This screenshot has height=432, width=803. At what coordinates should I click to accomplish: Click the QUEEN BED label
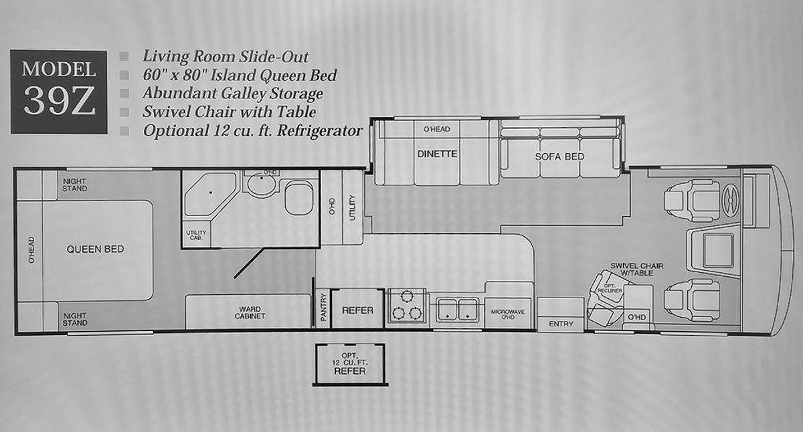pyautogui.click(x=95, y=249)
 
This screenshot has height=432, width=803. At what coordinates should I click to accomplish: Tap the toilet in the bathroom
pyautogui.click(x=299, y=198)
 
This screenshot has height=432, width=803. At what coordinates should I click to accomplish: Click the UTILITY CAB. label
pyautogui.click(x=196, y=235)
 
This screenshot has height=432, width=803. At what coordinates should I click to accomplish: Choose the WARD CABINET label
pyautogui.click(x=250, y=312)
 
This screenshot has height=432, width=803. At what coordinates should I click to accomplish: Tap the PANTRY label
pyautogui.click(x=324, y=308)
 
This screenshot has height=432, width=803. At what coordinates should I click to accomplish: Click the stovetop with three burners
pyautogui.click(x=407, y=308)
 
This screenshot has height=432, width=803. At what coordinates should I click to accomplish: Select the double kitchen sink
pyautogui.click(x=458, y=309)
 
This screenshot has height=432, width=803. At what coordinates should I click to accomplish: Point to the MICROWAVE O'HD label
pyautogui.click(x=508, y=314)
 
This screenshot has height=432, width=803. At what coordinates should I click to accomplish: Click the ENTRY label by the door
pyautogui.click(x=561, y=324)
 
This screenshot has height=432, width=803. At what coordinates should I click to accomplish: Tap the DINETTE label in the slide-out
pyautogui.click(x=438, y=154)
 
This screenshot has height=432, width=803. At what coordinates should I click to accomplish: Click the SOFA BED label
pyautogui.click(x=559, y=156)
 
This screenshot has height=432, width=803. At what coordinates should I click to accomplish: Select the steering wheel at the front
pyautogui.click(x=730, y=201)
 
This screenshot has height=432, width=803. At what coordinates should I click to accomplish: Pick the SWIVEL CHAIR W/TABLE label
pyautogui.click(x=636, y=269)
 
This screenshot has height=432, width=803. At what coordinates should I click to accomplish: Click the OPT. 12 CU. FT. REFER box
pyautogui.click(x=349, y=364)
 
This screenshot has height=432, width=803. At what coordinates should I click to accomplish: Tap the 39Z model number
pyautogui.click(x=59, y=101)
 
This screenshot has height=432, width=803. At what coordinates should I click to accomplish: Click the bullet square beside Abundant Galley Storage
pyautogui.click(x=124, y=94)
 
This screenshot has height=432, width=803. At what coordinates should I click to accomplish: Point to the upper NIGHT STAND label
pyautogui.click(x=74, y=185)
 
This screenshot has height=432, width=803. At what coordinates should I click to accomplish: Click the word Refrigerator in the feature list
pyautogui.click(x=319, y=131)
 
